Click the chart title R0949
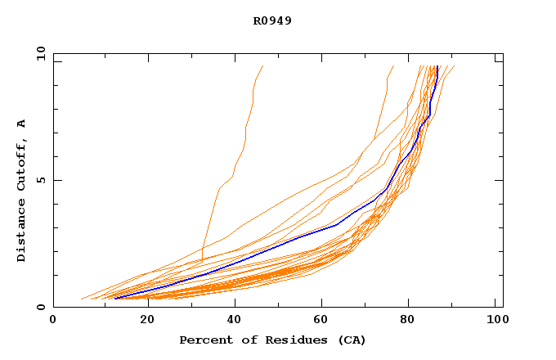point(273,20)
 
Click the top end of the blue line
point(437,66)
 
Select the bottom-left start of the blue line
point(115,299)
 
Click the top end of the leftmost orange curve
point(262,66)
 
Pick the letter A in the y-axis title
point(22,124)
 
